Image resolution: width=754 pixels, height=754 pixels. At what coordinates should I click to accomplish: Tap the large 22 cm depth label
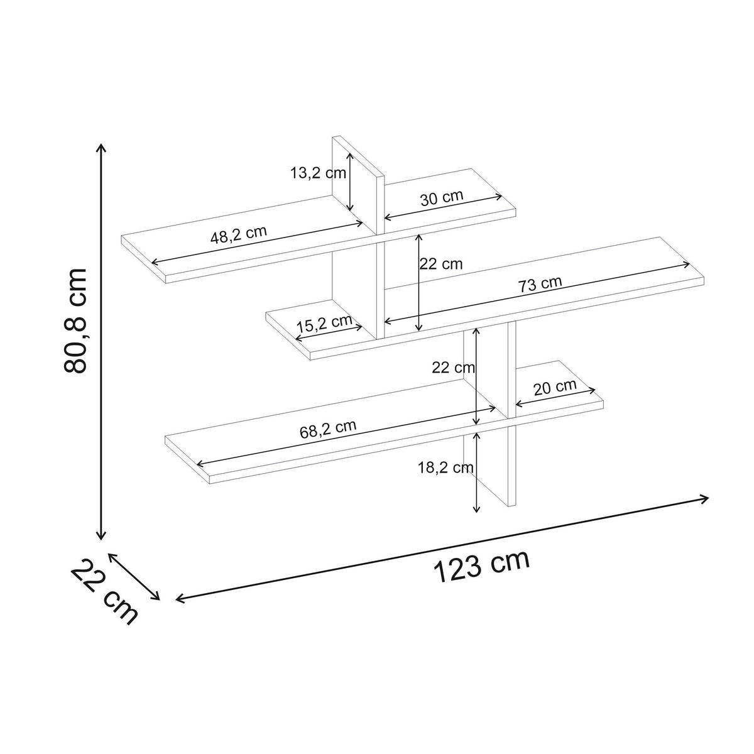[x=104, y=592]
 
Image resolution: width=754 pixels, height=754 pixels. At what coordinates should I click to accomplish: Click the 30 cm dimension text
[x=441, y=197]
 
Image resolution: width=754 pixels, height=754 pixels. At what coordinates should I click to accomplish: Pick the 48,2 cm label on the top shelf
[x=238, y=234]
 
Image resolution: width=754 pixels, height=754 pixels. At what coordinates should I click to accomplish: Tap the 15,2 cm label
[x=324, y=322]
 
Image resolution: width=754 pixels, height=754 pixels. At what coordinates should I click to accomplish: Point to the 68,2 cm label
[x=328, y=429]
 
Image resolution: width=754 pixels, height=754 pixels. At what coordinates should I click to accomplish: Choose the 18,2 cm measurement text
[x=445, y=467]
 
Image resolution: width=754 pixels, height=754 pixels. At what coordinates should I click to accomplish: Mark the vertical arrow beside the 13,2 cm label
[x=350, y=182]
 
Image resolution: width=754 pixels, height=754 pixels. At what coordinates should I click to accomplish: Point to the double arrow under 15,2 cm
[x=329, y=334]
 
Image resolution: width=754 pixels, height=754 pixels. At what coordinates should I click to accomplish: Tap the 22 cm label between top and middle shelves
[x=441, y=264]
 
